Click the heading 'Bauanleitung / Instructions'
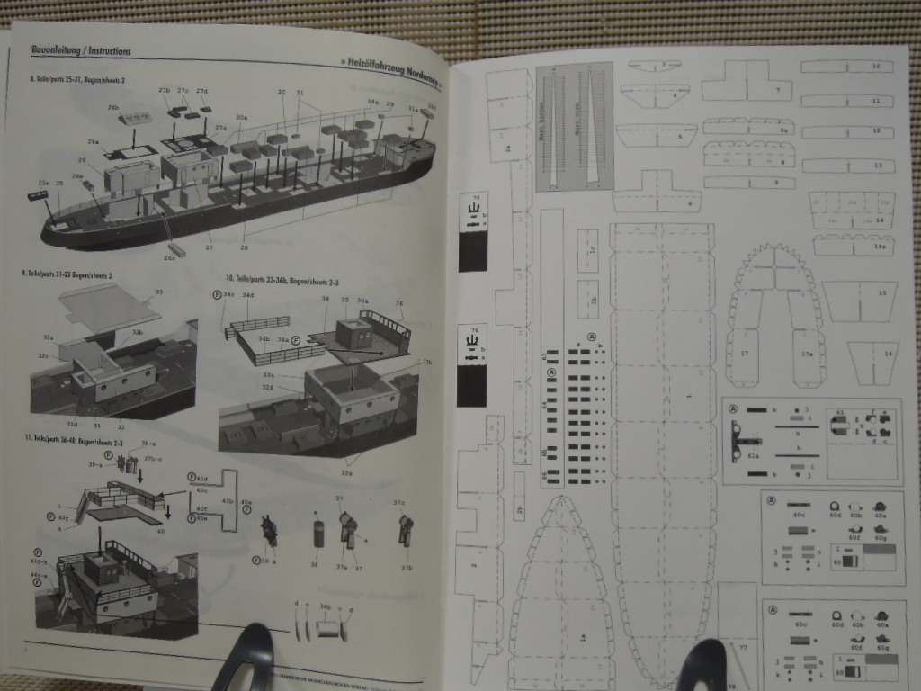pyautogui.click(x=81, y=51)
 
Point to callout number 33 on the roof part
pyautogui.click(x=160, y=292)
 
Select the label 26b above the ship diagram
pyautogui.click(x=113, y=107)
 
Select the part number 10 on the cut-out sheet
pyautogui.click(x=876, y=67)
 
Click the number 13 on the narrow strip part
pyautogui.click(x=876, y=166)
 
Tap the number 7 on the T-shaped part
pyautogui.click(x=775, y=93)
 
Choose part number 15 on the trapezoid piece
pyautogui.click(x=881, y=293)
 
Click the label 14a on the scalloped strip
pyautogui.click(x=879, y=246)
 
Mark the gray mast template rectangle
pyautogui.click(x=574, y=126)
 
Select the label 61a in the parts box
pyautogui.click(x=753, y=456)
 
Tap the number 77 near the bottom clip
pyautogui.click(x=744, y=647)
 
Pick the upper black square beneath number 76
pyautogui.click(x=472, y=251)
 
